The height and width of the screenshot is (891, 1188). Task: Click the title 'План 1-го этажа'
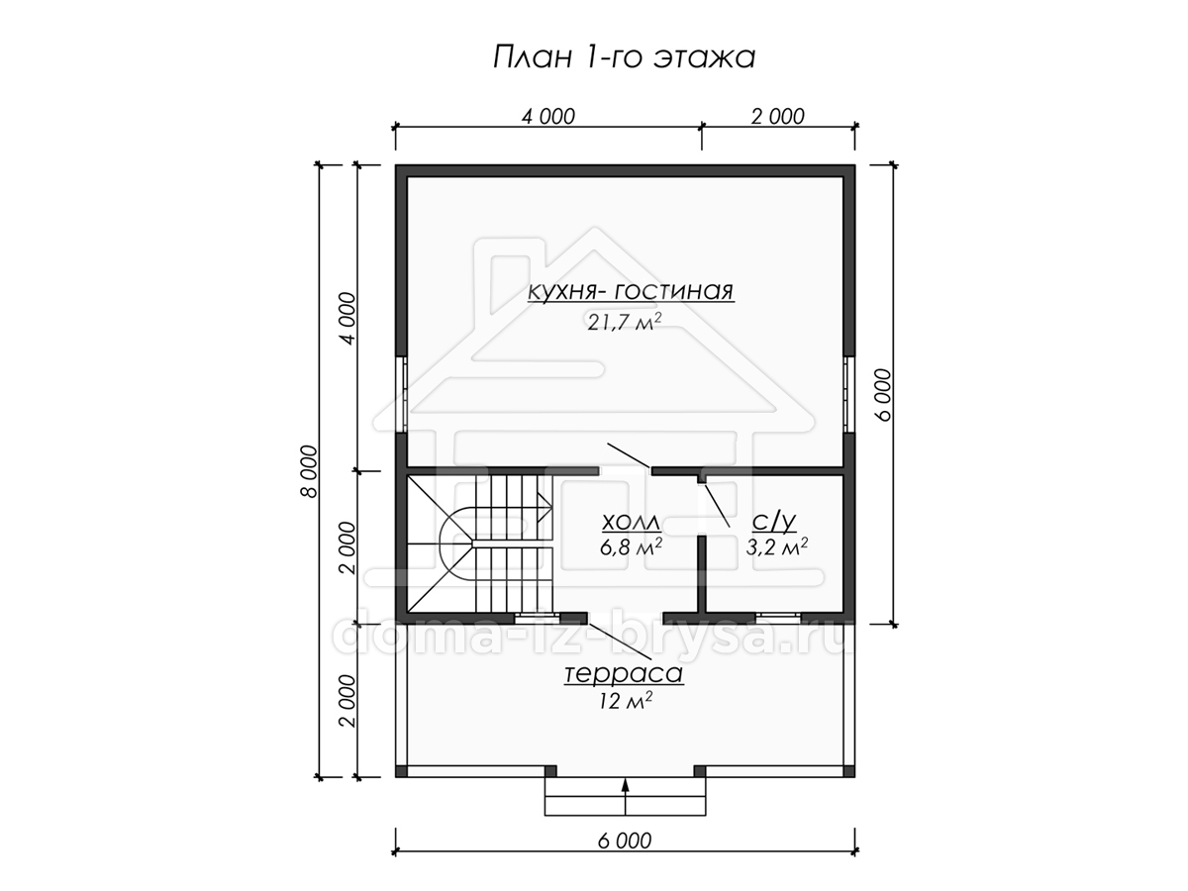tap(624, 57)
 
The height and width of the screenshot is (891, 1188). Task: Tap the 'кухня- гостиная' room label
tap(631, 291)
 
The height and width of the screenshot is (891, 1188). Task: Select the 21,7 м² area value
tap(624, 322)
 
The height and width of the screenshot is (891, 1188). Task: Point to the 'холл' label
tap(631, 523)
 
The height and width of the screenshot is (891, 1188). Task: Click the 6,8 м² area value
tap(631, 546)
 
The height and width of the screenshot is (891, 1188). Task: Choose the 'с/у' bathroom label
tap(774, 522)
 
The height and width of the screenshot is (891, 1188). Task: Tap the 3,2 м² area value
tap(777, 546)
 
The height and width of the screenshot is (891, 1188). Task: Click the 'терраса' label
tap(624, 674)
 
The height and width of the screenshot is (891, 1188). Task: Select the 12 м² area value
tap(625, 701)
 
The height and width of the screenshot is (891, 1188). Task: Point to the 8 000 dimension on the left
tap(308, 471)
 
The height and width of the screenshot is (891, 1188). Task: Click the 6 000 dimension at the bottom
tap(625, 841)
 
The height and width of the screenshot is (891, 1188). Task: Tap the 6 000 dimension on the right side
tap(882, 395)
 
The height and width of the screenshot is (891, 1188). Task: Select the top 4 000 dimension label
tap(548, 116)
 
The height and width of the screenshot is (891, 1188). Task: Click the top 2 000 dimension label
tap(778, 116)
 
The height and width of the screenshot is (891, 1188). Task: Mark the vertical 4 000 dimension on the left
tap(347, 318)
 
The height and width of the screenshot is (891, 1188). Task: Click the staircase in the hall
tap(479, 544)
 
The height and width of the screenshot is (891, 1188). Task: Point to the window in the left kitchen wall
tap(401, 394)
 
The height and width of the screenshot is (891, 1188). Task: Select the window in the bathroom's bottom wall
tap(778, 617)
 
